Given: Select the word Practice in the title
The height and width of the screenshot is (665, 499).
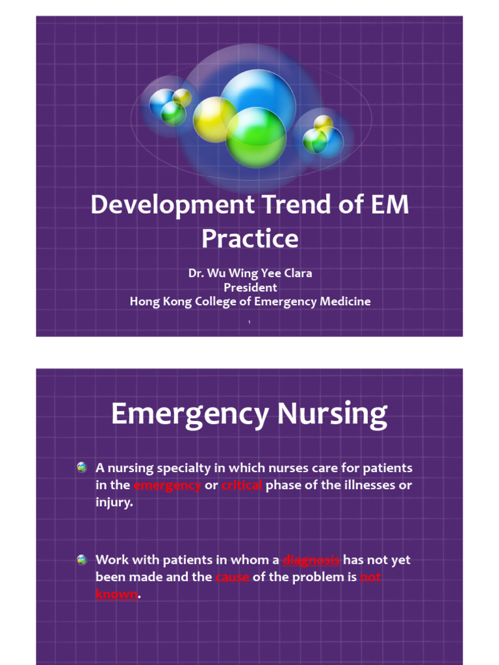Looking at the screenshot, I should pos(249,239).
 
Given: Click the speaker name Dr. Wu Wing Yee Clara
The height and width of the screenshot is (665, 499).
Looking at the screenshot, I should pos(250,273).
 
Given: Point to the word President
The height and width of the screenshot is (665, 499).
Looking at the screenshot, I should pos(250,287).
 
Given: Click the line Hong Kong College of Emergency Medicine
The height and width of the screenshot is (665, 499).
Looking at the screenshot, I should pos(250,301).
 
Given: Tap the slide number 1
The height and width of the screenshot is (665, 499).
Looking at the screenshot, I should pos(249,322).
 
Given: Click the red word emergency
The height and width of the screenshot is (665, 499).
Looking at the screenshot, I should pos(167,486).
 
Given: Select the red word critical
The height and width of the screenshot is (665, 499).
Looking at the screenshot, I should pos(242,486).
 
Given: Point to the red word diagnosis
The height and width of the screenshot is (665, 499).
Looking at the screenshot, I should pos(311,560).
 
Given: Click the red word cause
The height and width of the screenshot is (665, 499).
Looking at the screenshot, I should pos(232,577).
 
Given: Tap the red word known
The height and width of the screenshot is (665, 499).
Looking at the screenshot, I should pos(116,594).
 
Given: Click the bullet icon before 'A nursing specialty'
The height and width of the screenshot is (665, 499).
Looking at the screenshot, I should pos(81,468).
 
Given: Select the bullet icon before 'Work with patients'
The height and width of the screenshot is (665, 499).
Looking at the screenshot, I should pos(81,560).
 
